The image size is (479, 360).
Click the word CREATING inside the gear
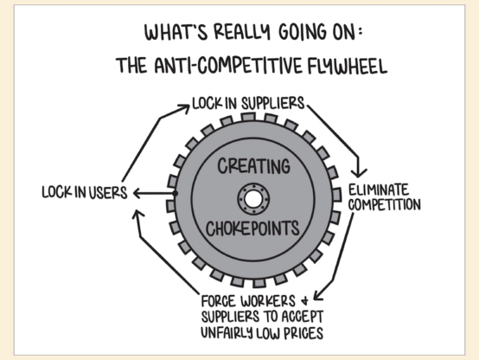[x=253, y=166]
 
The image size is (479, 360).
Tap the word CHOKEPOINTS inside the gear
[x=252, y=228]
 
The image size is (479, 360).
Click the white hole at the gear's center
[x=253, y=200]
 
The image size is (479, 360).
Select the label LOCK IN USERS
[x=85, y=193]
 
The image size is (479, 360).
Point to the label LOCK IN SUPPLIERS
[x=248, y=103]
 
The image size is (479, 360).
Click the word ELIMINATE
[x=379, y=190]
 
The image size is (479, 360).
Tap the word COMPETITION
[x=384, y=204]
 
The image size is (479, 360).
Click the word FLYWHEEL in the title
[x=348, y=66]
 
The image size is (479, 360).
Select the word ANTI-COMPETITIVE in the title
[x=228, y=66]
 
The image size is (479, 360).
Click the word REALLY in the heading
[x=242, y=32]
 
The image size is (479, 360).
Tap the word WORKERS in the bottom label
[x=268, y=301]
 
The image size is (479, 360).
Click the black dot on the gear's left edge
[x=175, y=193]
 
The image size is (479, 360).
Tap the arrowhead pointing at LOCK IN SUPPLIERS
[x=184, y=107]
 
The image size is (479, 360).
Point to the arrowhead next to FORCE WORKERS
[x=318, y=295]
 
